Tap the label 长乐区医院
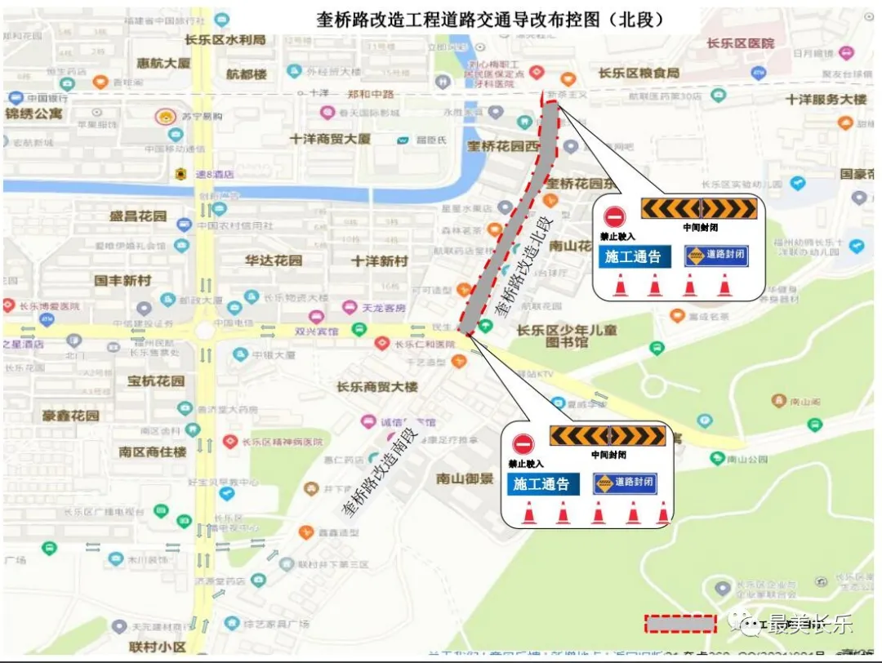tap(740, 43)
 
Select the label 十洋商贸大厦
tap(330, 139)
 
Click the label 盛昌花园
tap(138, 216)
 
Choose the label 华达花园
tap(274, 260)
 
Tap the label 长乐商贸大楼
tap(380, 386)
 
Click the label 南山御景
tap(465, 478)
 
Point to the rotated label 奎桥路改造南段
tap(380, 473)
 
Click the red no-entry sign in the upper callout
tap(615, 216)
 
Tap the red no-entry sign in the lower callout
tap(523, 443)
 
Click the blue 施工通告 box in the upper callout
tap(633, 256)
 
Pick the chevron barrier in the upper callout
tap(699, 208)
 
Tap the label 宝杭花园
tap(156, 380)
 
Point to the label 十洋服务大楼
tap(826, 99)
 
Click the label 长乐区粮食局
tap(639, 73)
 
